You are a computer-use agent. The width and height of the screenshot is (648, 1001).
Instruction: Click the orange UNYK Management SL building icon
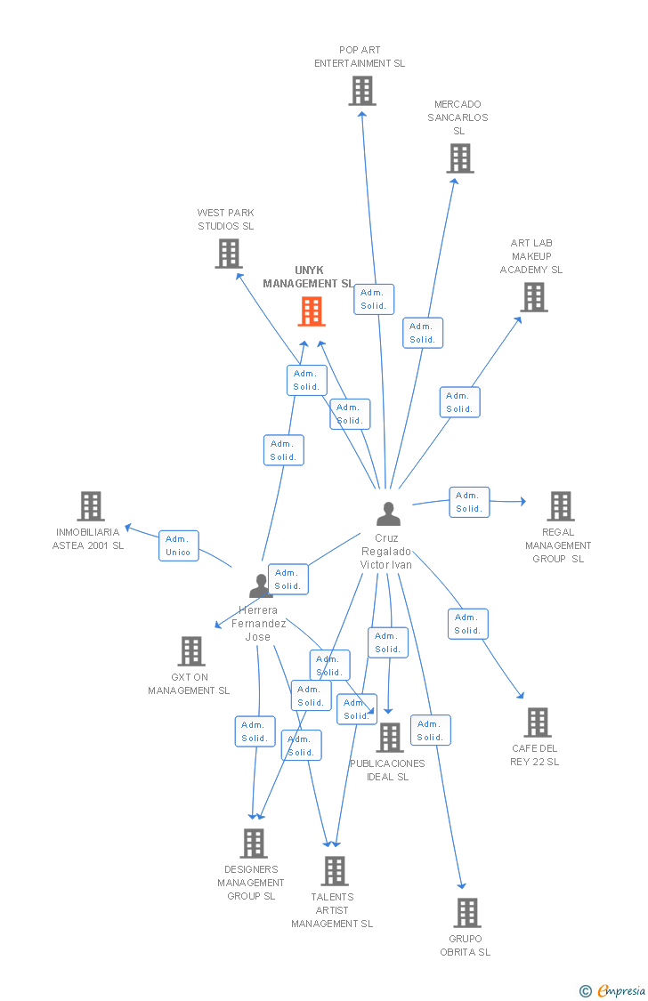311,311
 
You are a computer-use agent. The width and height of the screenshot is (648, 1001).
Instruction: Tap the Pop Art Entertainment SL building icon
361,91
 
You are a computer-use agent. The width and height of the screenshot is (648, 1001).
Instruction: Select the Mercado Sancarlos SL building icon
459,158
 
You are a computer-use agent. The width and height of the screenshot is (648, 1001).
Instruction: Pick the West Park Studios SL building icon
229,254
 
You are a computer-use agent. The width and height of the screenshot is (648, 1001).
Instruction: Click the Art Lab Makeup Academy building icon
534,297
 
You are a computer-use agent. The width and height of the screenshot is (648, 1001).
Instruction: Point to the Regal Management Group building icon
560,505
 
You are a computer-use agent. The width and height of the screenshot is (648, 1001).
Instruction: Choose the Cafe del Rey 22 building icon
537,722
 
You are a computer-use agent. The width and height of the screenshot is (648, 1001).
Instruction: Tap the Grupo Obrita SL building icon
466,913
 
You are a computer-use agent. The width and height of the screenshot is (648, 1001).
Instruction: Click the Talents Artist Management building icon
334,871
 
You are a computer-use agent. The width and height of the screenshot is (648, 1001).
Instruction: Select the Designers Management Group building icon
254,844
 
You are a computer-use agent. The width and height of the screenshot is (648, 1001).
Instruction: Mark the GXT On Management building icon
191,651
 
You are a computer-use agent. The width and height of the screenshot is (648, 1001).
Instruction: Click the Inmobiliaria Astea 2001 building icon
91,505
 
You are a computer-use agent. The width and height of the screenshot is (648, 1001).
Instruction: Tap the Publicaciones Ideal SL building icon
389,738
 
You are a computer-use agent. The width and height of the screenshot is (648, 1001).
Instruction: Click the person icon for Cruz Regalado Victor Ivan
388,514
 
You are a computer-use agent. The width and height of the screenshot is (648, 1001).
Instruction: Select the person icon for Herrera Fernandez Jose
260,585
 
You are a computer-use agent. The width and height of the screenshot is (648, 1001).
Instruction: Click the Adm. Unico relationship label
178,545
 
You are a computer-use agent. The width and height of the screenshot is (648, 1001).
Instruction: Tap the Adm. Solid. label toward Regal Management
469,502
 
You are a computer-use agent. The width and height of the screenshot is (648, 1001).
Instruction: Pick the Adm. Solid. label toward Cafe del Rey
467,624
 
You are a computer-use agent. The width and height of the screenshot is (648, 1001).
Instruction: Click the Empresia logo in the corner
613,990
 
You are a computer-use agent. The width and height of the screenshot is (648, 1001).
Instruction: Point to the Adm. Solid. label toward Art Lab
459,402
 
